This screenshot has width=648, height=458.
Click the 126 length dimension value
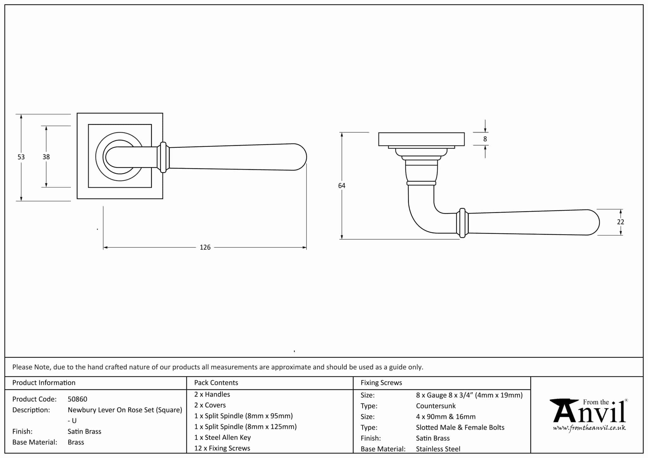tap(205, 247)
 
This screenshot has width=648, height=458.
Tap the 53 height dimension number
tap(21, 157)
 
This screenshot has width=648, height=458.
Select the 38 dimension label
tap(46, 157)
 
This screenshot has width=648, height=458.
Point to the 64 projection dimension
tap(342, 186)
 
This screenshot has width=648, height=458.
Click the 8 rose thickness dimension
tap(485, 139)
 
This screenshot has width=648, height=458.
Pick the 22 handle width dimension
tap(620, 222)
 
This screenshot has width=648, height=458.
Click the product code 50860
tap(78, 399)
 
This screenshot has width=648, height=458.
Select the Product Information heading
tap(44, 383)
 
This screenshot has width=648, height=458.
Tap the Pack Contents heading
tap(216, 383)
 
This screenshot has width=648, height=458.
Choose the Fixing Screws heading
tap(381, 383)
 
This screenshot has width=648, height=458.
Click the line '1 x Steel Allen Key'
tap(222, 437)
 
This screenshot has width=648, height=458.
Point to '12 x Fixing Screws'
tap(222, 448)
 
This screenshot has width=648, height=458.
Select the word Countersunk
tap(436, 406)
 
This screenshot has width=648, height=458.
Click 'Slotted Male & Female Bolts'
tap(460, 427)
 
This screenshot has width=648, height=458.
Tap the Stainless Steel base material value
tap(438, 449)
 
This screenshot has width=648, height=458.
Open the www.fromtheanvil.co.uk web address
tap(589, 428)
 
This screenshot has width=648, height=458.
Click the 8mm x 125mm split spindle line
tap(246, 427)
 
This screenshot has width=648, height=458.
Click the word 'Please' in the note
tap(22, 367)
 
